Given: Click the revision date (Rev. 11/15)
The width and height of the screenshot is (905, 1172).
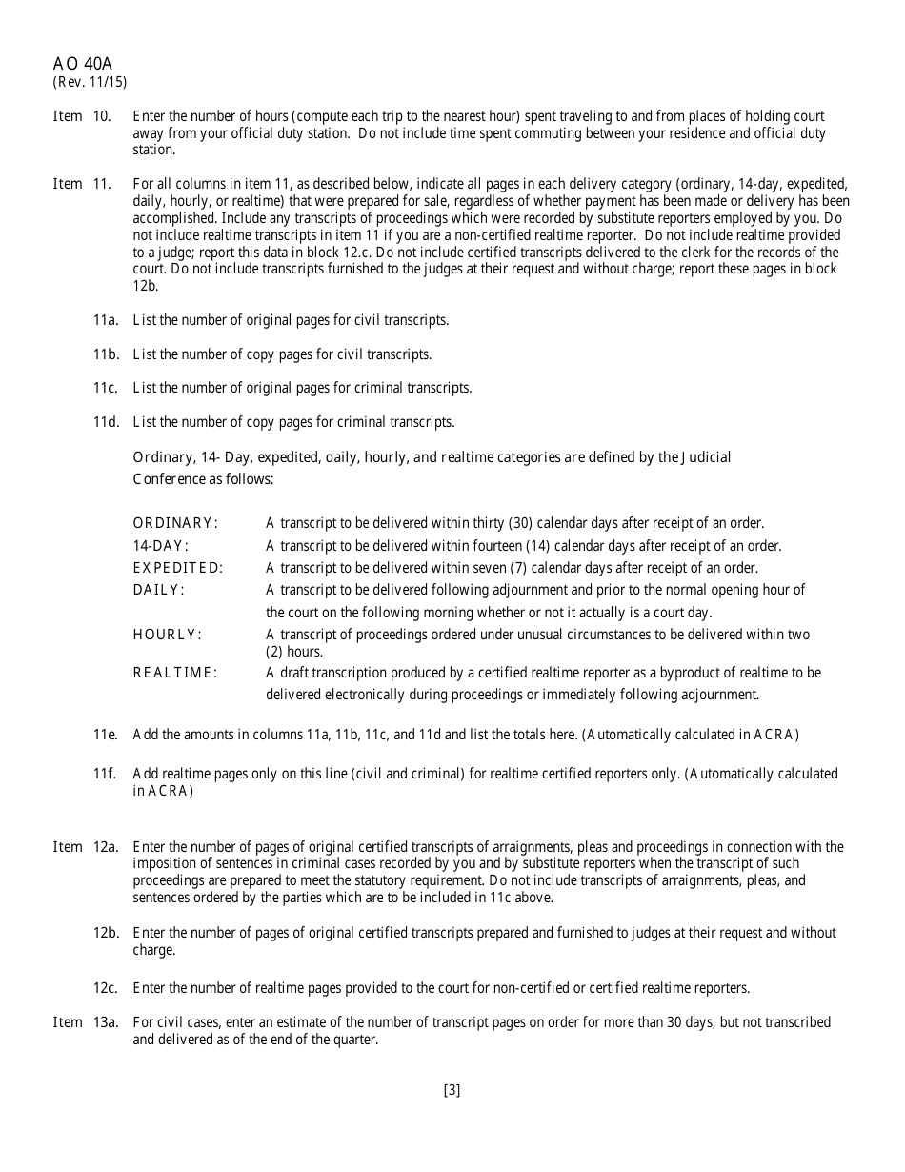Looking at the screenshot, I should point(90,82).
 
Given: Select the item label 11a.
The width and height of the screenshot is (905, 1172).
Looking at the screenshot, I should point(106,320).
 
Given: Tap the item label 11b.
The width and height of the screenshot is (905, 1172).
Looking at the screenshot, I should point(106,354).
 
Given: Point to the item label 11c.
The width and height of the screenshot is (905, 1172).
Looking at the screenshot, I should point(106,388).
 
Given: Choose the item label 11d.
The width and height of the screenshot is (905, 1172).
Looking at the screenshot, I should point(106,422).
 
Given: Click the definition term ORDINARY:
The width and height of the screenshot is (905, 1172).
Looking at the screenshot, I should point(175,523).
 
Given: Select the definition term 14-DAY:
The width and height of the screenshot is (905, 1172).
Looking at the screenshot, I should point(160,546).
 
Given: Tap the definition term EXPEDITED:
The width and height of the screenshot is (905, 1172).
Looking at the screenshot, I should point(178,568).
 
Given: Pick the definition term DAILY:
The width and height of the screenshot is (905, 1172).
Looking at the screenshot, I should point(158,590).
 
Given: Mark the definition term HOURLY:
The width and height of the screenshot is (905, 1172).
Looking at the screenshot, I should point(167,635).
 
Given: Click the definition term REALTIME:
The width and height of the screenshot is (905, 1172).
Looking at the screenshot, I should point(175,673).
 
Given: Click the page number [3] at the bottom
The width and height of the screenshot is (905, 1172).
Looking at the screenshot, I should point(452,1091).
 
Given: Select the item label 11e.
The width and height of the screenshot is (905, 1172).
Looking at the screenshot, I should point(106,735).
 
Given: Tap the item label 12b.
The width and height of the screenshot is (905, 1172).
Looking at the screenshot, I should point(106,933).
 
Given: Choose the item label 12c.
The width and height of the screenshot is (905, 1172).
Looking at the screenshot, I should point(106,988).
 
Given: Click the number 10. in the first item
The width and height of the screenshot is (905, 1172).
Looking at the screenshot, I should point(102,116).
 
